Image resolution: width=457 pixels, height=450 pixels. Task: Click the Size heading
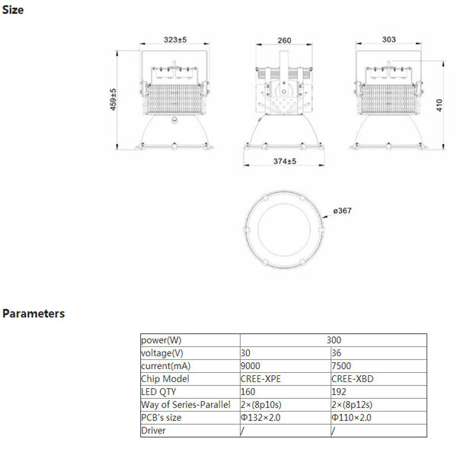[x=13, y=10]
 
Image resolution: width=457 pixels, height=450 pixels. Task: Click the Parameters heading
[x=34, y=313]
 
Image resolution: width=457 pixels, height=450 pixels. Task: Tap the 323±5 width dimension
[x=175, y=40]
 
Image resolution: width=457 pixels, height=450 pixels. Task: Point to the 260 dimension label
[x=284, y=40]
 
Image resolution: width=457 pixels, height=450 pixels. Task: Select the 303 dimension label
[x=388, y=40]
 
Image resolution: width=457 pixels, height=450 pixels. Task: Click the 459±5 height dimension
[x=113, y=99]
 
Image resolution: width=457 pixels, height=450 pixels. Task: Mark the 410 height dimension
[x=439, y=105]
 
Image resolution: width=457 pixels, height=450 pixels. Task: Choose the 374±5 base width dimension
[x=284, y=161]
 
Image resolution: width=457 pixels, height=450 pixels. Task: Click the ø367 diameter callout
[x=342, y=211]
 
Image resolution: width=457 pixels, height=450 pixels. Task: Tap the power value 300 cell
[x=334, y=340]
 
